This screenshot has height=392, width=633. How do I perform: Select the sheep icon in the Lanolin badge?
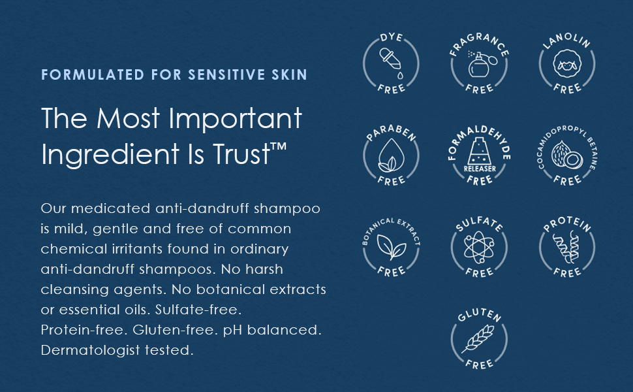[x=567, y=63]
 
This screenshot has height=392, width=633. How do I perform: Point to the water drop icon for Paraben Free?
[x=391, y=155]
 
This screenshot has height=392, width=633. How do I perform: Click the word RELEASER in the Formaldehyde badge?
[x=480, y=169]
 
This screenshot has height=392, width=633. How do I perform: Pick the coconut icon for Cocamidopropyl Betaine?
[x=567, y=155]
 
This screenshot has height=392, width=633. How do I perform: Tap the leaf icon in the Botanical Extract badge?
[x=391, y=247]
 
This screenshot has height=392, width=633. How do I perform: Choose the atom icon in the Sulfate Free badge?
[x=479, y=247]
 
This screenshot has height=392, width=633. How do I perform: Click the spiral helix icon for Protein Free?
[x=566, y=246]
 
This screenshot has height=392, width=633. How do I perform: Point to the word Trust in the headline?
[x=241, y=154]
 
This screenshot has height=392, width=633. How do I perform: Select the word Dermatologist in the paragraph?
[x=91, y=350]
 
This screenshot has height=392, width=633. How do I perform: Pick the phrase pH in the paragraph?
[x=233, y=331]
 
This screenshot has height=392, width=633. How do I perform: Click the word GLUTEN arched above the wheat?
[x=479, y=315]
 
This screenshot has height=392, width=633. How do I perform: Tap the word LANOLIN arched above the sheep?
[x=567, y=40]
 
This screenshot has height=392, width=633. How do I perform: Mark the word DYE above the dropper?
[x=391, y=37]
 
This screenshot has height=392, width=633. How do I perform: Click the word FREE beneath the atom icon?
[x=479, y=272]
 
